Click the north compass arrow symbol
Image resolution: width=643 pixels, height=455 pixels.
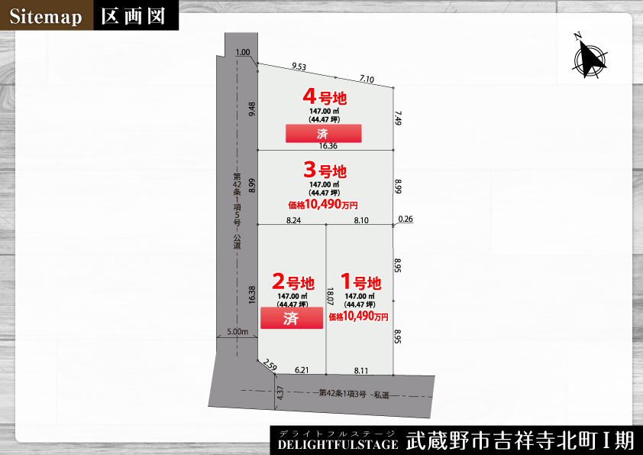click(x=589, y=57)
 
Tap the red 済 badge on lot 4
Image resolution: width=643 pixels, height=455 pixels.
click(x=323, y=134)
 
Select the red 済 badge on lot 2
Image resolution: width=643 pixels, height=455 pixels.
click(x=291, y=319)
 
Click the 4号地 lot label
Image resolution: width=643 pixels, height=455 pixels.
click(x=325, y=97)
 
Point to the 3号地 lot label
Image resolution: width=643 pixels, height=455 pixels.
click(x=325, y=171)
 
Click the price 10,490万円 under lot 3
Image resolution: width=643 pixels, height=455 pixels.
click(x=323, y=204)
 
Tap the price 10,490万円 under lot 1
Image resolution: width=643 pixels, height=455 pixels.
click(x=358, y=316)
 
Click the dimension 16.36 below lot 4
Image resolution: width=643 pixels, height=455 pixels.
click(x=326, y=145)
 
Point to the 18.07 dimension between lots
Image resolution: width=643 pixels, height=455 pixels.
click(x=330, y=296)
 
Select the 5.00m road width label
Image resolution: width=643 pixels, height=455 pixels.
click(x=237, y=332)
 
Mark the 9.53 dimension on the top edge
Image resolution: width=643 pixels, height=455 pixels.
click(x=299, y=67)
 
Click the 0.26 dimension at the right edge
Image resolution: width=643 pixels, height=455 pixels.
click(x=406, y=219)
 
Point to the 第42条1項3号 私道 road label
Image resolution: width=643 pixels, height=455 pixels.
click(x=354, y=395)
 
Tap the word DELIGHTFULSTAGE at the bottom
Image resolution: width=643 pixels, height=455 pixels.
click(x=338, y=444)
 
